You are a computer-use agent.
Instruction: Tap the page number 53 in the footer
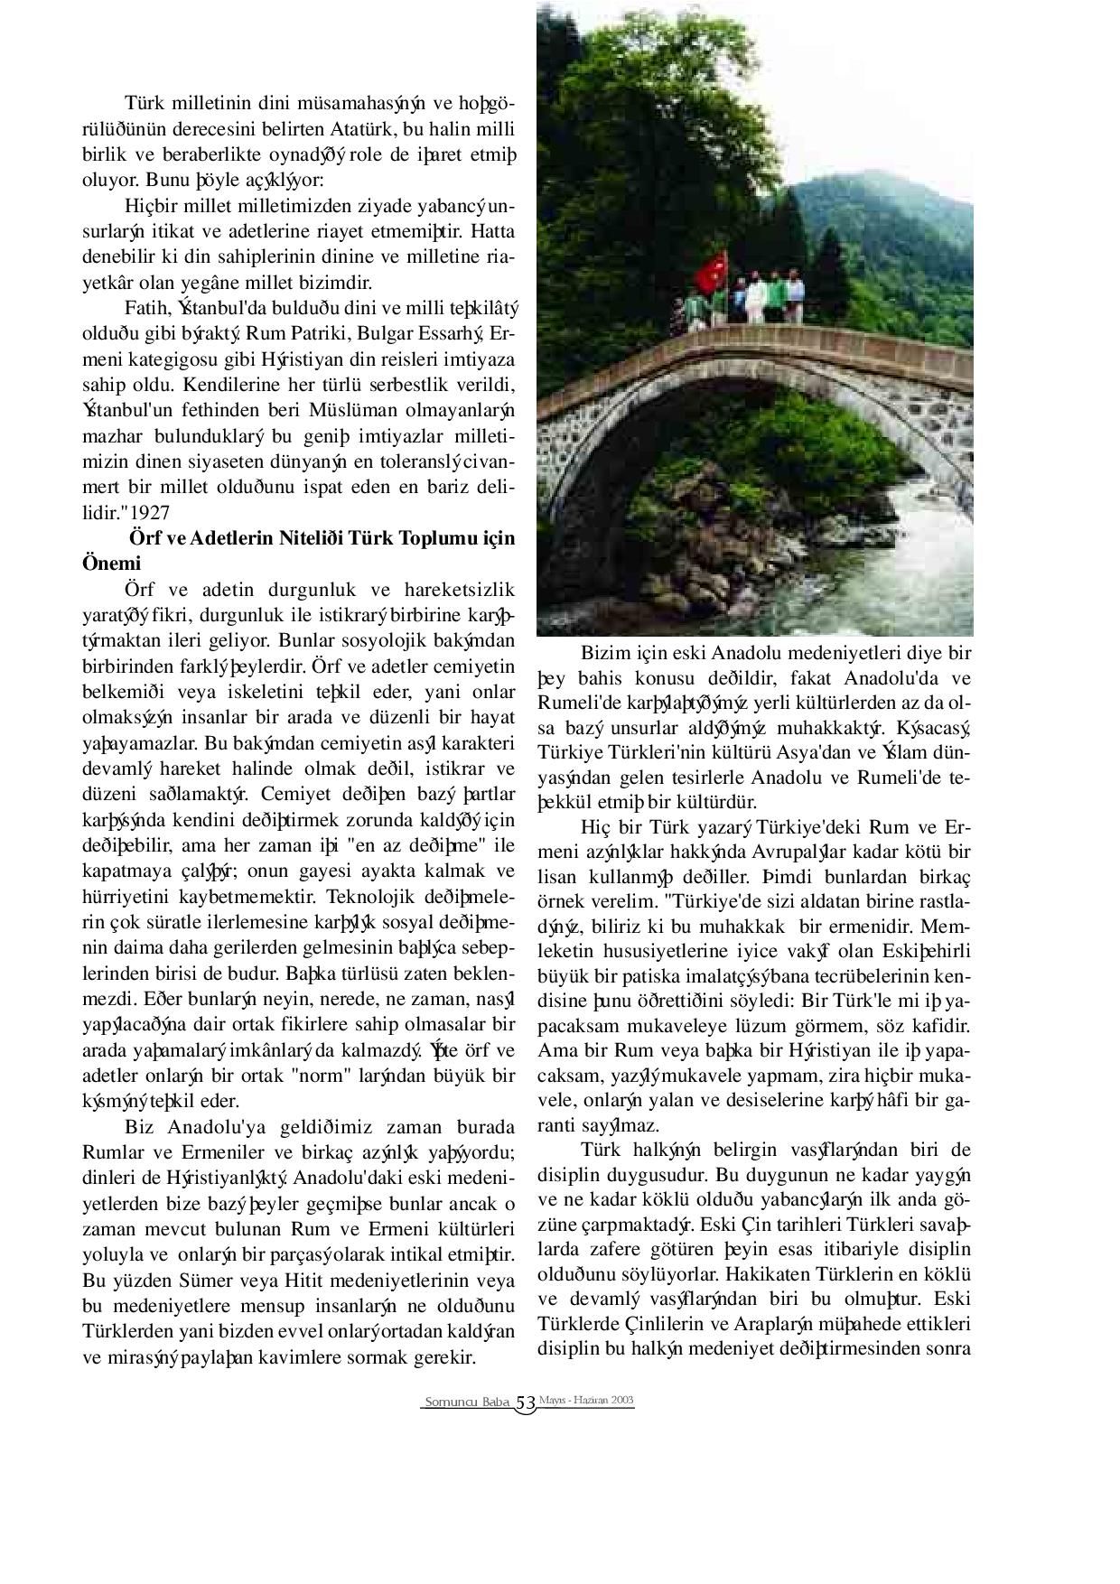[526, 1402]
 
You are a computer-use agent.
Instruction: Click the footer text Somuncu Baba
[466, 1402]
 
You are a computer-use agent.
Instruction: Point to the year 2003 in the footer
[621, 1399]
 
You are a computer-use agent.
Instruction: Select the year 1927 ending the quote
[150, 512]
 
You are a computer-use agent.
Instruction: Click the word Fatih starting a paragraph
[145, 308]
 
